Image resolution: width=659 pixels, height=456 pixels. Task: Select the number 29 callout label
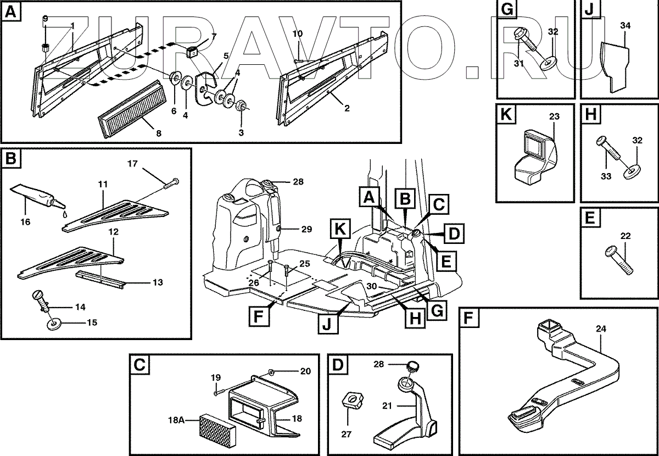(x=306, y=229)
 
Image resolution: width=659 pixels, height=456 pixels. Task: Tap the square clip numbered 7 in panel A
(x=192, y=52)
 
